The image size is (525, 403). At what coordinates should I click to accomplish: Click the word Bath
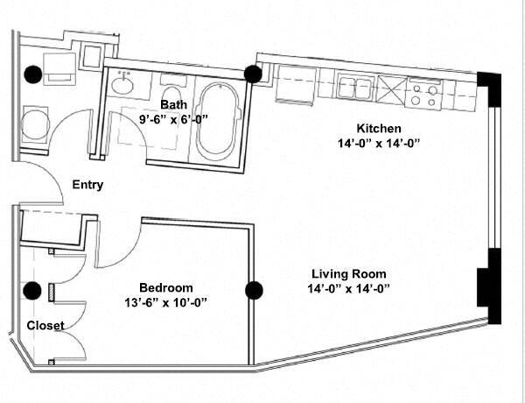[x=173, y=104]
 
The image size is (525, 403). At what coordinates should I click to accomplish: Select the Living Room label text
[x=347, y=273]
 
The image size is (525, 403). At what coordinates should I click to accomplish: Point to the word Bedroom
[x=166, y=287]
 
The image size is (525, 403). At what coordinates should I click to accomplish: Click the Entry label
[x=87, y=185]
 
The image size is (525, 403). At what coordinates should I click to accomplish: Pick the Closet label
[x=44, y=325]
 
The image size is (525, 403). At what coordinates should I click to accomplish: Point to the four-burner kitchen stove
[x=426, y=91]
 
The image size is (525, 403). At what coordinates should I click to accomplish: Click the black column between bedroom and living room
[x=255, y=290]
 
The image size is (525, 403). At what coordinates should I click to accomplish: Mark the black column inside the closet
[x=32, y=293]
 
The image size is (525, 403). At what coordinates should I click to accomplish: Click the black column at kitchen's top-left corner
[x=254, y=74]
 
